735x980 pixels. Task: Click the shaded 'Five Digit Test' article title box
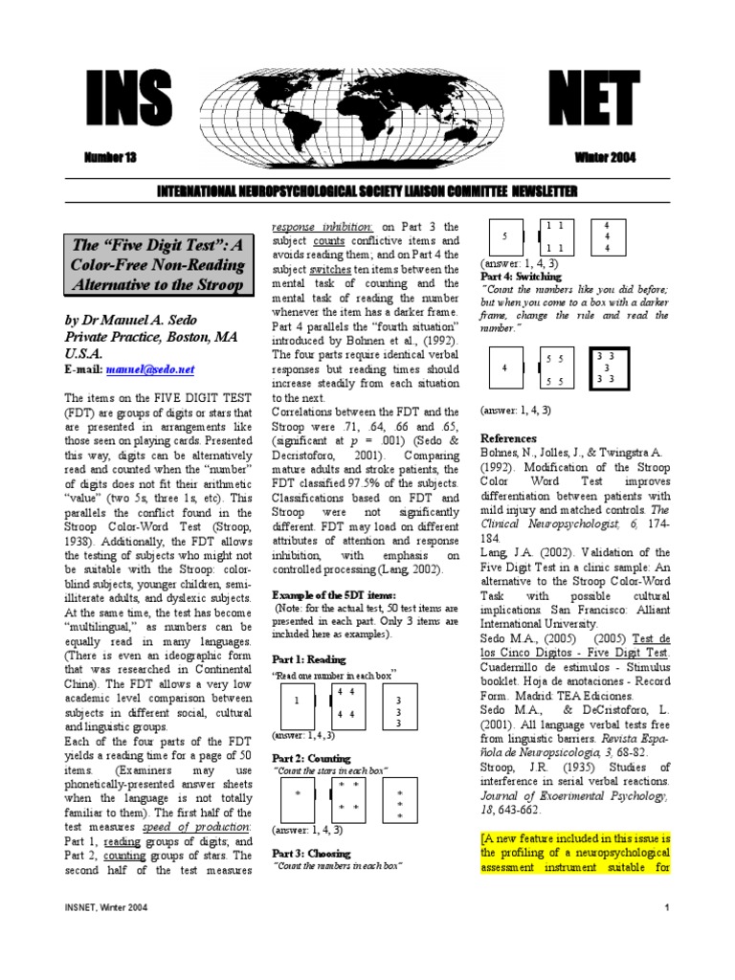pyautogui.click(x=160, y=265)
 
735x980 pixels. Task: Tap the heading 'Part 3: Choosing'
pyautogui.click(x=312, y=853)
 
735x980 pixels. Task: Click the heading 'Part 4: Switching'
pyautogui.click(x=521, y=276)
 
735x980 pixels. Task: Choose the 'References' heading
pyautogui.click(x=511, y=437)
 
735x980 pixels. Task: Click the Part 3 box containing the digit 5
pyautogui.click(x=505, y=236)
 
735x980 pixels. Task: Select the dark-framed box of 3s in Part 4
pyautogui.click(x=607, y=367)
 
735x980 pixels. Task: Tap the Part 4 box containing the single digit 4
pyautogui.click(x=505, y=367)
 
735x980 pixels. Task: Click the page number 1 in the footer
pyautogui.click(x=663, y=906)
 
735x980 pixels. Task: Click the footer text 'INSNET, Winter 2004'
pyautogui.click(x=105, y=906)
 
